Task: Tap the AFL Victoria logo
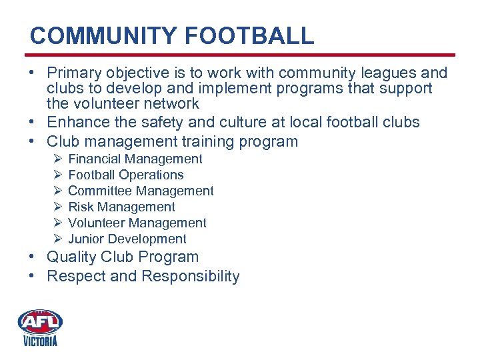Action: pyautogui.click(x=40, y=327)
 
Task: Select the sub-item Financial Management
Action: pyautogui.click(x=135, y=159)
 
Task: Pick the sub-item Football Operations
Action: pyautogui.click(x=126, y=175)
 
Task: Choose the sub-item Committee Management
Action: pyautogui.click(x=141, y=191)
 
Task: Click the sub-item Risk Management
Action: pyautogui.click(x=121, y=207)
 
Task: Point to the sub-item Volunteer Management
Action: pyautogui.click(x=137, y=223)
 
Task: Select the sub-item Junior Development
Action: pyautogui.click(x=127, y=239)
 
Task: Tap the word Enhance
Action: pyautogui.click(x=76, y=122)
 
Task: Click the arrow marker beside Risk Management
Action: pyautogui.click(x=58, y=207)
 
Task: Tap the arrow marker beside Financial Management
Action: pyautogui.click(x=58, y=159)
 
